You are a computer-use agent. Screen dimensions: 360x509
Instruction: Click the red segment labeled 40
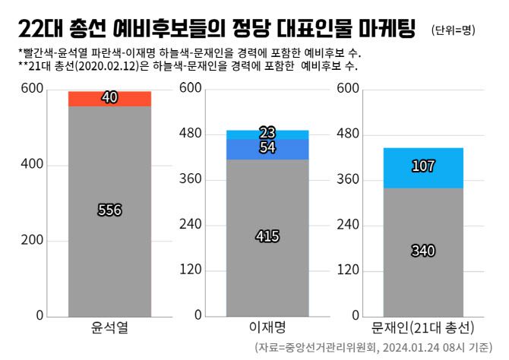109,99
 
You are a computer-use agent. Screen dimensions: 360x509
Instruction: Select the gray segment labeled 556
109,210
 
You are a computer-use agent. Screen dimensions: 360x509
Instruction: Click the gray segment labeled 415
267,236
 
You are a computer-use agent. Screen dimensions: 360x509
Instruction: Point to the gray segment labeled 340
423,251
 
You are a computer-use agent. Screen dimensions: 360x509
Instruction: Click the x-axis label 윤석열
109,329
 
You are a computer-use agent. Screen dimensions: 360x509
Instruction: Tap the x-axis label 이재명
267,329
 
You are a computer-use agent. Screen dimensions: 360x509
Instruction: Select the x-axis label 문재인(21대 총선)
423,329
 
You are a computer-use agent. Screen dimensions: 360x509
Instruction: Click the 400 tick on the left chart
32,165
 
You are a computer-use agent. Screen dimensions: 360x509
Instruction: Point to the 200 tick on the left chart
32,241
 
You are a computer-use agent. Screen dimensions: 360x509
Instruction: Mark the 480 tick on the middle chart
189,134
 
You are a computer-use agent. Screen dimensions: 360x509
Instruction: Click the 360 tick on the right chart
346,180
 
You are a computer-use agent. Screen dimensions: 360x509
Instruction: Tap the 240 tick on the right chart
346,225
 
